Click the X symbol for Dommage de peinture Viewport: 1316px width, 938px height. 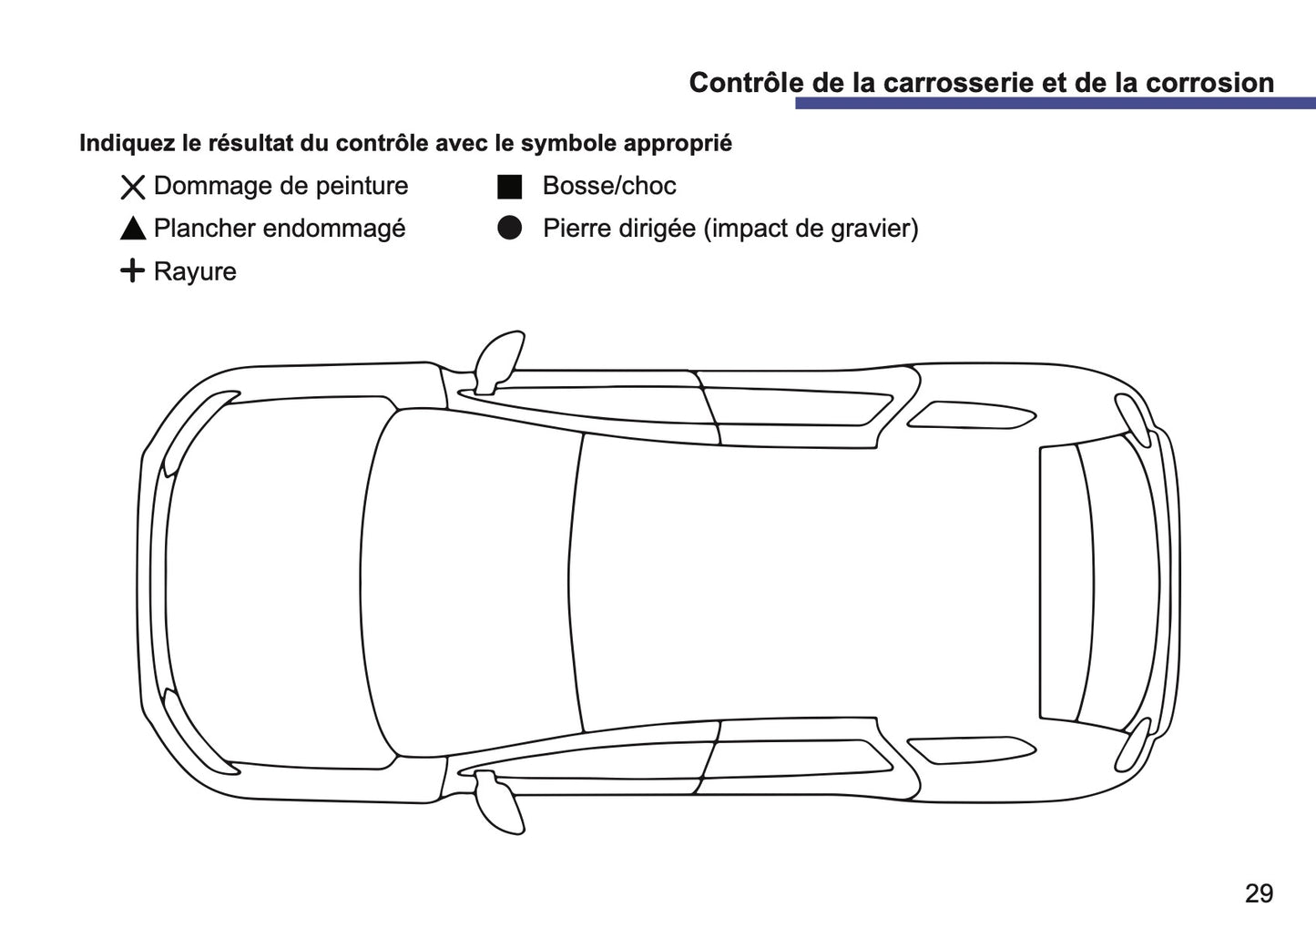coord(133,188)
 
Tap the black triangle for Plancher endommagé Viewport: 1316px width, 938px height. coord(133,229)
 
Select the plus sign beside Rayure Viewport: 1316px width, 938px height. coord(132,271)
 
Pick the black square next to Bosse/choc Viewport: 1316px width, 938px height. coord(509,187)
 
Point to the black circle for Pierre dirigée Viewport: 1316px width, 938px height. coord(509,229)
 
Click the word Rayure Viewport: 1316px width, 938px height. coord(195,272)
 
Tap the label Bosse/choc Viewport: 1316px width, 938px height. coord(608,186)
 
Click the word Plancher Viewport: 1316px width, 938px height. coord(204,229)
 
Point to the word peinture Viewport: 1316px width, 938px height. coord(359,187)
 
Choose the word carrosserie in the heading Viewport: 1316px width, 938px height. coord(955,83)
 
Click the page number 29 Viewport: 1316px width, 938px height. coord(1259,893)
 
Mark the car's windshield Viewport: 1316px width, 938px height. coord(474,583)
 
